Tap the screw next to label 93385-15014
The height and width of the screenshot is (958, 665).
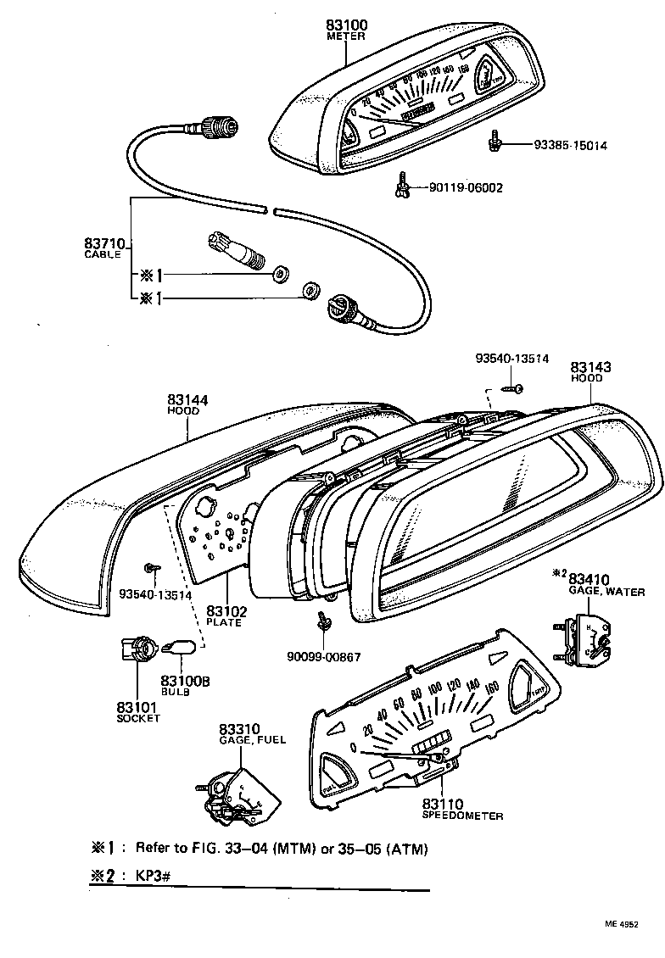pyautogui.click(x=494, y=141)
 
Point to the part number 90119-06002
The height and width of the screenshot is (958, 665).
pyautogui.click(x=467, y=187)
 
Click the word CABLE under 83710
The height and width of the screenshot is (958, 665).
pyautogui.click(x=103, y=254)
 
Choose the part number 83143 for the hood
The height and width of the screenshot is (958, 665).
pyautogui.click(x=590, y=368)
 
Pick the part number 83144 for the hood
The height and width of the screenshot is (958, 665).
pyautogui.click(x=187, y=399)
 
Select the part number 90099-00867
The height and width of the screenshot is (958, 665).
pyautogui.click(x=324, y=656)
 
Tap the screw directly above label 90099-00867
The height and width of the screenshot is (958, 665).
pyautogui.click(x=323, y=621)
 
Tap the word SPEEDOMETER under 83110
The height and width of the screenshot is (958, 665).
pyautogui.click(x=462, y=816)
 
